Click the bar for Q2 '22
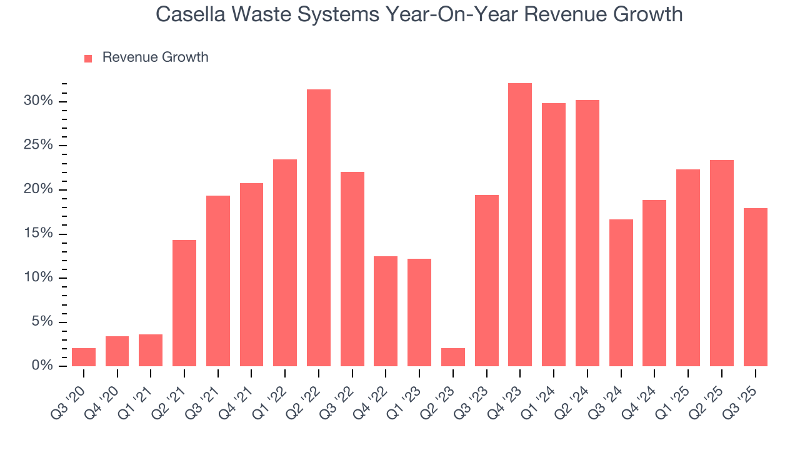point(318,227)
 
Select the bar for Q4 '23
point(520,224)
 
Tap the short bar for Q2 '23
point(452,357)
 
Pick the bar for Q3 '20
point(84,357)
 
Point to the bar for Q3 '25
point(755,287)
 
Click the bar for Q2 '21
point(184,303)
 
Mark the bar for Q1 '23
point(419,312)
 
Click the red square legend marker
point(88,58)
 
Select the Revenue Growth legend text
point(155,57)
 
